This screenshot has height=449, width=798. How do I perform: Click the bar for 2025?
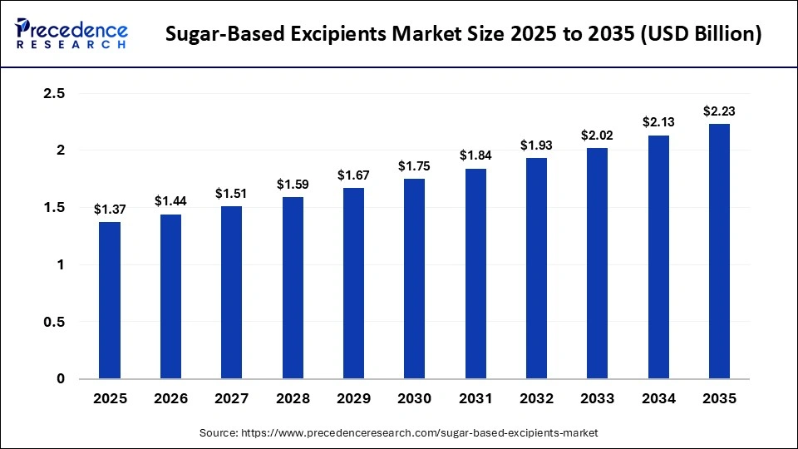click(110, 300)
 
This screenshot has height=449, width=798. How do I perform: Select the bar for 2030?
click(414, 279)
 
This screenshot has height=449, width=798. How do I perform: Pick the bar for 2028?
click(293, 288)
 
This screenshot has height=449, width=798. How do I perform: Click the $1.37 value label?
click(110, 210)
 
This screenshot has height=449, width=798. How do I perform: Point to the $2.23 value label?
click(719, 111)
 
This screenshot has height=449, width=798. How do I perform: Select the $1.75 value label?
click(414, 166)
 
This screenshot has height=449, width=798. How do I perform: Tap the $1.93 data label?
click(536, 146)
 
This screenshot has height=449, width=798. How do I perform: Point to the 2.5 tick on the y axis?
click(54, 94)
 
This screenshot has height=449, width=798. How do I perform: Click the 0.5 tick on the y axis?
click(54, 322)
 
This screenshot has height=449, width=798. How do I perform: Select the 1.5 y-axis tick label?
click(54, 208)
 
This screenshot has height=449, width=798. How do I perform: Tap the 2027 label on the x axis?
click(232, 399)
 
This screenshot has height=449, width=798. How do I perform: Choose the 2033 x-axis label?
click(597, 399)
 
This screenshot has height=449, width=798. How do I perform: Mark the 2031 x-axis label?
click(475, 399)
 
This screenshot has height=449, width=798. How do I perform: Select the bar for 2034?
click(658, 257)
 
